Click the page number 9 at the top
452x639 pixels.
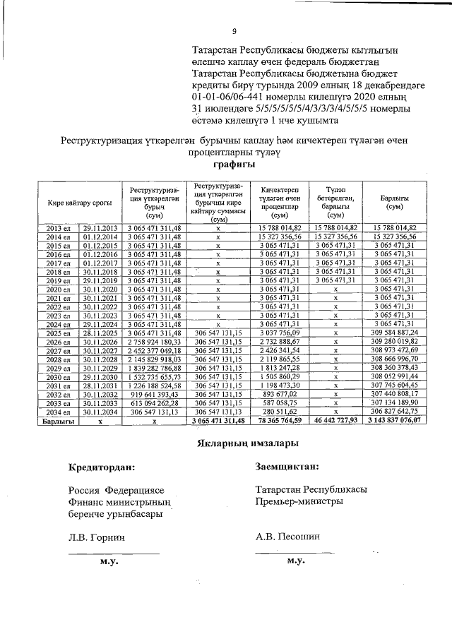[x=234, y=31]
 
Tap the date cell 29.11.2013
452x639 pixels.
[x=100, y=228]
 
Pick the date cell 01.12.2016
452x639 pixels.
[x=100, y=253]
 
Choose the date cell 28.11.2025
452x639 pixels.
[x=100, y=332]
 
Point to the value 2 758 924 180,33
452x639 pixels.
[x=154, y=341]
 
